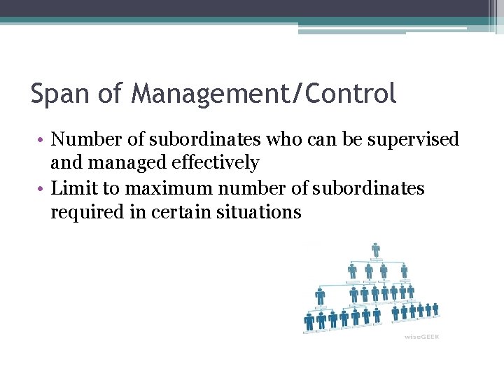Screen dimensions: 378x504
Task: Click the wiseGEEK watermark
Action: (421, 337)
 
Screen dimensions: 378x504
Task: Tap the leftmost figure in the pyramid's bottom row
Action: (309, 321)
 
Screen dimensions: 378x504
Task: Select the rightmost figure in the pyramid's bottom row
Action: (435, 308)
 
